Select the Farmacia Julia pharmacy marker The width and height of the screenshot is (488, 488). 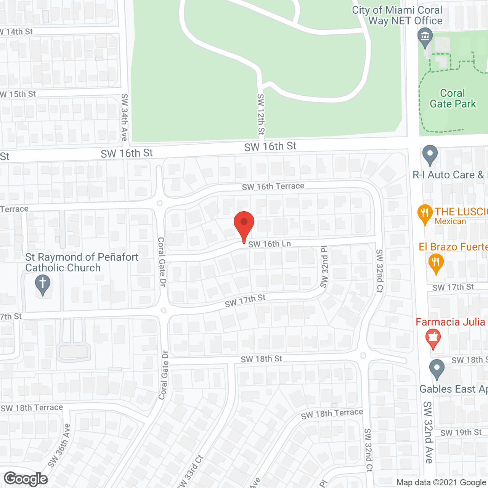(x=433, y=338)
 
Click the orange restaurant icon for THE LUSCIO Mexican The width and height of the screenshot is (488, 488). (x=424, y=214)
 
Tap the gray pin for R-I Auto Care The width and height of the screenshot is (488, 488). (x=430, y=155)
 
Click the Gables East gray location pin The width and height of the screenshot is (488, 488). (x=437, y=369)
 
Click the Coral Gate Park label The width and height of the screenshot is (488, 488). (x=453, y=99)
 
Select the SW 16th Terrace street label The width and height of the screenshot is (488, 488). (x=273, y=186)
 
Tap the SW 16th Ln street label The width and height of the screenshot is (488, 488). (x=269, y=244)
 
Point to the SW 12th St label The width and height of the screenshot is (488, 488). (x=261, y=114)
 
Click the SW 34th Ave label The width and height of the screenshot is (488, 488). (x=124, y=117)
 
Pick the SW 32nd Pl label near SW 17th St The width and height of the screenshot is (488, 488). (x=324, y=267)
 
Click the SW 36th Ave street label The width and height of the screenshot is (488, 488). (x=59, y=445)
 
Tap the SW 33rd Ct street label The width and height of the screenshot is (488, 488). (x=191, y=471)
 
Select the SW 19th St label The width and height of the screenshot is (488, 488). (x=461, y=433)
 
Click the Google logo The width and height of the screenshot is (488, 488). (x=26, y=479)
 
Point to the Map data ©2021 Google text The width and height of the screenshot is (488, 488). (x=441, y=483)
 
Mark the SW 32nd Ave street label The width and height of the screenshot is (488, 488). (x=428, y=432)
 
